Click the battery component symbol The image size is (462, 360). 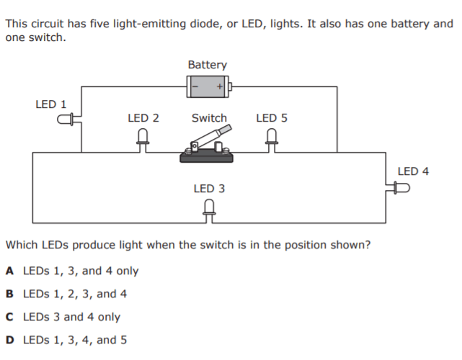click(x=208, y=87)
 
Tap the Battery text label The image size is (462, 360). click(x=207, y=65)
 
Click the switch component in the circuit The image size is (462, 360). click(x=208, y=147)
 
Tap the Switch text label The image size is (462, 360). click(x=209, y=118)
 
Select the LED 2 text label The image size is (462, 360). click(x=143, y=118)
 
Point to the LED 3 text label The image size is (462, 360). click(x=209, y=189)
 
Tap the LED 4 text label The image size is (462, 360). click(x=413, y=171)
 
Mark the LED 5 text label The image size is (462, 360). click(x=271, y=118)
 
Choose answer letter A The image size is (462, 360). click(x=9, y=271)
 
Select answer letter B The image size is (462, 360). click(x=9, y=294)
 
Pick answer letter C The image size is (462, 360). click(x=9, y=317)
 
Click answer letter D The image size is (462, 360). click(x=9, y=340)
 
